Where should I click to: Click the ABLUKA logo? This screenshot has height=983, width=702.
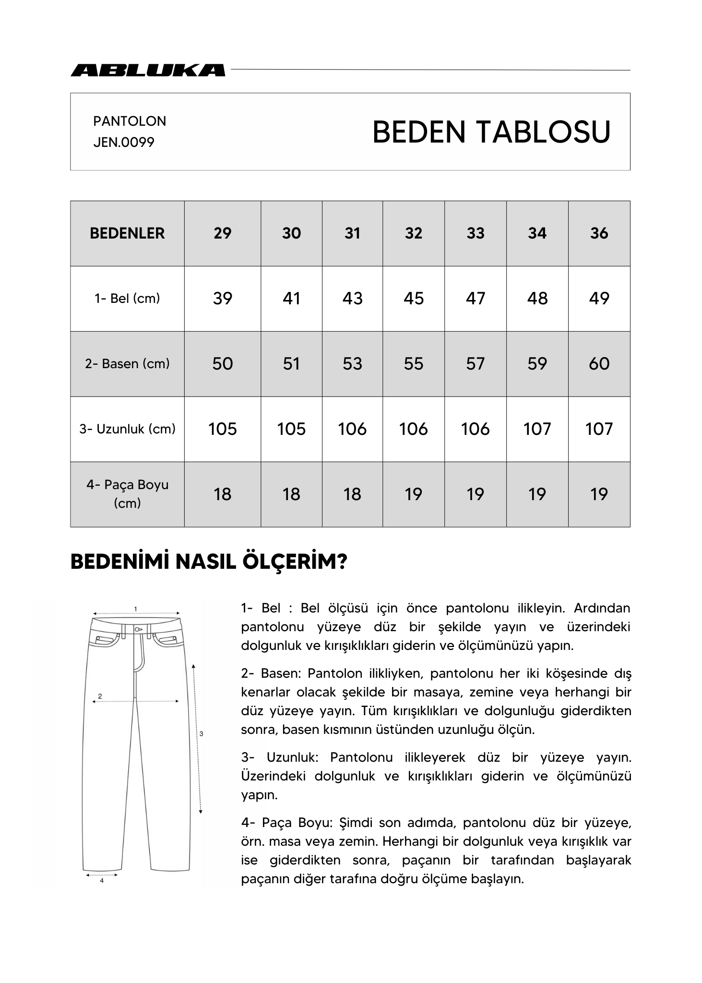(x=148, y=70)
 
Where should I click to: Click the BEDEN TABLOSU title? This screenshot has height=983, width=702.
(x=491, y=132)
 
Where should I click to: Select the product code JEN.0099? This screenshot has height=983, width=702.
(x=124, y=143)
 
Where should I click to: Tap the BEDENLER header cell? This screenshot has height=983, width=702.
(x=127, y=233)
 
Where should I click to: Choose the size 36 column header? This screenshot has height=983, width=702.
(x=599, y=233)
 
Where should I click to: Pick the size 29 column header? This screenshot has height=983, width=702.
(x=223, y=233)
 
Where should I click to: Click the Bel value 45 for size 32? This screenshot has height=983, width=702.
(x=413, y=299)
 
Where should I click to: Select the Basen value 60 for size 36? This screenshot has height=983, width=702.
(x=599, y=364)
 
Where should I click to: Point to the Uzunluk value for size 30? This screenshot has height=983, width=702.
(x=291, y=429)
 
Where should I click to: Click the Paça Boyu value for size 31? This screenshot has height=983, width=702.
(x=352, y=494)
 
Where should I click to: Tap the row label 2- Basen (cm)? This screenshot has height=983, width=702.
(x=127, y=364)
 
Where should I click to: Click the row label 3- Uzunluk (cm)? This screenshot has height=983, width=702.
(x=127, y=429)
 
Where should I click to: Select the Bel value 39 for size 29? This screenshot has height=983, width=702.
(x=223, y=299)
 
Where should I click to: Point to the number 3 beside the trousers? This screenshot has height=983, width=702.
(x=201, y=733)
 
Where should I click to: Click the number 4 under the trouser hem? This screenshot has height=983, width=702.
(x=102, y=881)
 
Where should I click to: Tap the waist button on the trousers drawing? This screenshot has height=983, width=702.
(x=137, y=629)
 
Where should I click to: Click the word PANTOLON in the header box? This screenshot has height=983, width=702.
(x=130, y=121)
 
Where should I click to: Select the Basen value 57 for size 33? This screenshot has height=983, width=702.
(x=475, y=364)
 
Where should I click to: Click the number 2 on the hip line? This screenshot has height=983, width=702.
(x=100, y=696)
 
